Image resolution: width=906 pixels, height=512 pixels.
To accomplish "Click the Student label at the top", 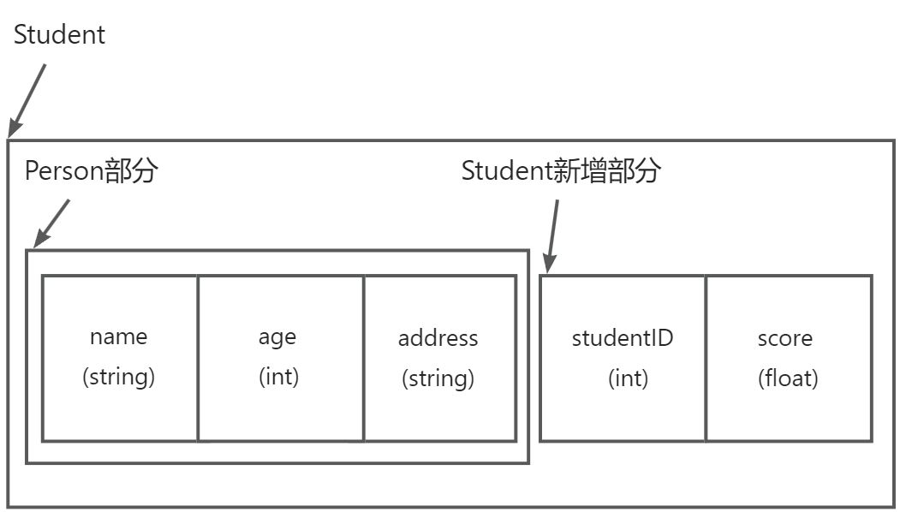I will tap(59, 35).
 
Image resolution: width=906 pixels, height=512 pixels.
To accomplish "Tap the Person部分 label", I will tap(92, 171).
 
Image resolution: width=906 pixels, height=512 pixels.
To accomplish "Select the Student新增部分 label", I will tap(561, 171).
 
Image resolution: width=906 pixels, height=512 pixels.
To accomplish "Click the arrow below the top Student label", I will tap(27, 99).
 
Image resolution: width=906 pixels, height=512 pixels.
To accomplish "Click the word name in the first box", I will tap(118, 336).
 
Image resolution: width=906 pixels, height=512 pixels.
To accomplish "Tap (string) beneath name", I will tap(118, 377).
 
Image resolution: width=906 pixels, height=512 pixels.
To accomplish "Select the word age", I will tap(277, 336).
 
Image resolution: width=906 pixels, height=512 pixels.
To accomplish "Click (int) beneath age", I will tap(278, 377).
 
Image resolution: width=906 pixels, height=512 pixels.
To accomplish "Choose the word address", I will tap(438, 338).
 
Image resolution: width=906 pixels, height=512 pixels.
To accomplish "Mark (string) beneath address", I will tap(438, 378).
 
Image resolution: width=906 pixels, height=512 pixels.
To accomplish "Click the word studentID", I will tap(623, 338).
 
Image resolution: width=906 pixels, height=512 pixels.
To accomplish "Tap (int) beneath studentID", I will tap(628, 378).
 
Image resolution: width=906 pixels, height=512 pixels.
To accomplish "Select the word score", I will tap(784, 338).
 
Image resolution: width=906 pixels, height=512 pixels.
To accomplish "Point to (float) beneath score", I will tap(788, 378).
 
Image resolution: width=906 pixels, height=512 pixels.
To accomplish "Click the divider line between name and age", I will tap(198, 358).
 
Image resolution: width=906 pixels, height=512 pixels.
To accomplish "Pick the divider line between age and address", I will tap(364, 358).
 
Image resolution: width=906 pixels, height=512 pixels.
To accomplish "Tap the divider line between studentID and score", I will tap(706, 358).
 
